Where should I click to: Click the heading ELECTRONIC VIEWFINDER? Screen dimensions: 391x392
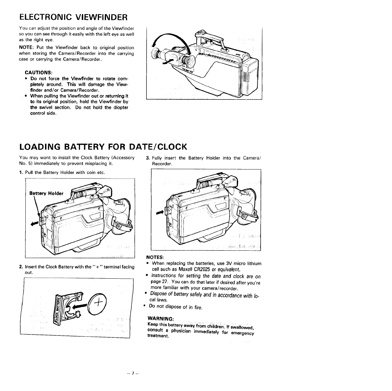click(x=74, y=17)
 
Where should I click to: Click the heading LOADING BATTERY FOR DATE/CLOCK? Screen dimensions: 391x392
click(x=103, y=147)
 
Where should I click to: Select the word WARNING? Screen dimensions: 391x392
click(x=160, y=318)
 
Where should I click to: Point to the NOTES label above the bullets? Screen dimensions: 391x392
click(x=156, y=257)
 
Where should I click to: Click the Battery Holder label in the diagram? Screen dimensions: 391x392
click(x=46, y=194)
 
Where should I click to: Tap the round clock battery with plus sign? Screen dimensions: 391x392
click(x=98, y=304)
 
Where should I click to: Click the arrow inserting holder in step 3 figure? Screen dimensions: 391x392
click(x=160, y=213)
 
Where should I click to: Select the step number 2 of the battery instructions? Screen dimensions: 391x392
click(x=21, y=267)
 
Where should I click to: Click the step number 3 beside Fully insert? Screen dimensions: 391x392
click(x=147, y=158)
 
